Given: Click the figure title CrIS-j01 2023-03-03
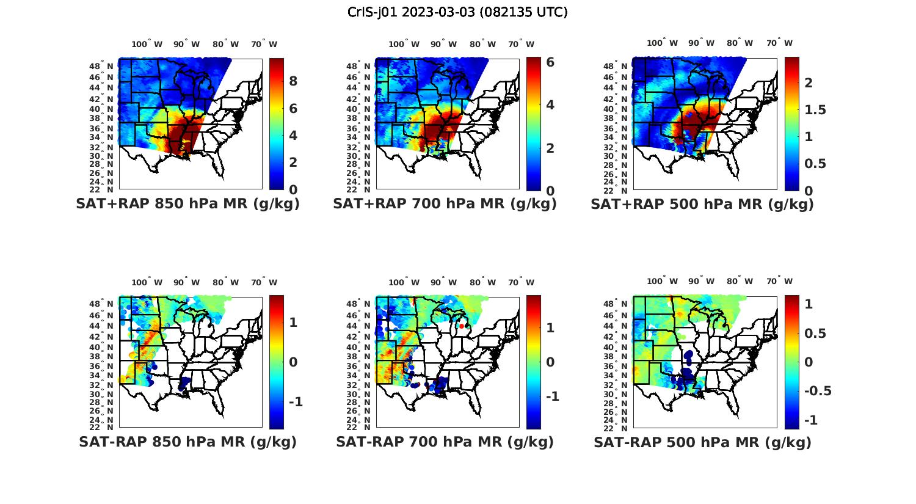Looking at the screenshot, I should tap(457, 12).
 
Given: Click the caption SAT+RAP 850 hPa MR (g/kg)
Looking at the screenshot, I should tap(187, 204).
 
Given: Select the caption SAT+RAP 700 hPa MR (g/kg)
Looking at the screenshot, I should tap(445, 204).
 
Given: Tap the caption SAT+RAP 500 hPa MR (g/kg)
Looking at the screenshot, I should tap(702, 204).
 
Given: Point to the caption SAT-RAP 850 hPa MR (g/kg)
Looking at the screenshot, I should tap(187, 442).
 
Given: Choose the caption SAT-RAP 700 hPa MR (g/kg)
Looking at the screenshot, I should tap(445, 442).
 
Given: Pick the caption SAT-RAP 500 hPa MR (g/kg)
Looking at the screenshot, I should tap(702, 442).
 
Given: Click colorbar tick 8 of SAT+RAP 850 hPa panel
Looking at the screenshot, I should tap(293, 81).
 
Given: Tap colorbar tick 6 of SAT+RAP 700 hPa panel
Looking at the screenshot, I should tap(550, 62).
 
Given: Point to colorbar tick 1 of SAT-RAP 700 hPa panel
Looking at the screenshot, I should tap(550, 328).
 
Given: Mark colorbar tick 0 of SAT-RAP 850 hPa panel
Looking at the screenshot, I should tap(293, 362).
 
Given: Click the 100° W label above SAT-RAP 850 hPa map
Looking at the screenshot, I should tap(147, 282).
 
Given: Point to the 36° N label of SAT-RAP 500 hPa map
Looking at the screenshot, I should tap(620, 367).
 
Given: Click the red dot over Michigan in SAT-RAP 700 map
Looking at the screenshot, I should tap(462, 327).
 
